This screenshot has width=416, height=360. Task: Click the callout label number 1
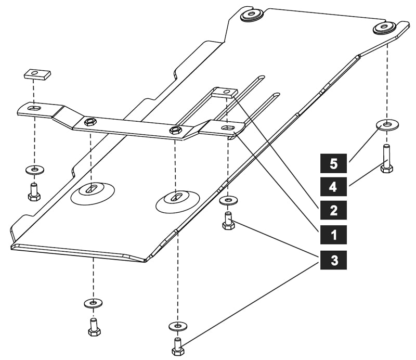tap(333, 235)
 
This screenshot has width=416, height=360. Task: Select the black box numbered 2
tap(333, 210)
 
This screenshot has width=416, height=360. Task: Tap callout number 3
tap(333, 259)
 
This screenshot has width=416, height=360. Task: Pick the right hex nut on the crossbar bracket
tap(175, 130)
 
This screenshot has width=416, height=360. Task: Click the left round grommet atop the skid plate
tap(252, 14)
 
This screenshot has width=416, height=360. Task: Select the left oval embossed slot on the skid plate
tap(92, 192)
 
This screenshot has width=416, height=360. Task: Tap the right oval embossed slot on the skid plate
tap(177, 200)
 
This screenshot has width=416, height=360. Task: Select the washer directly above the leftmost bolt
tap(34, 170)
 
